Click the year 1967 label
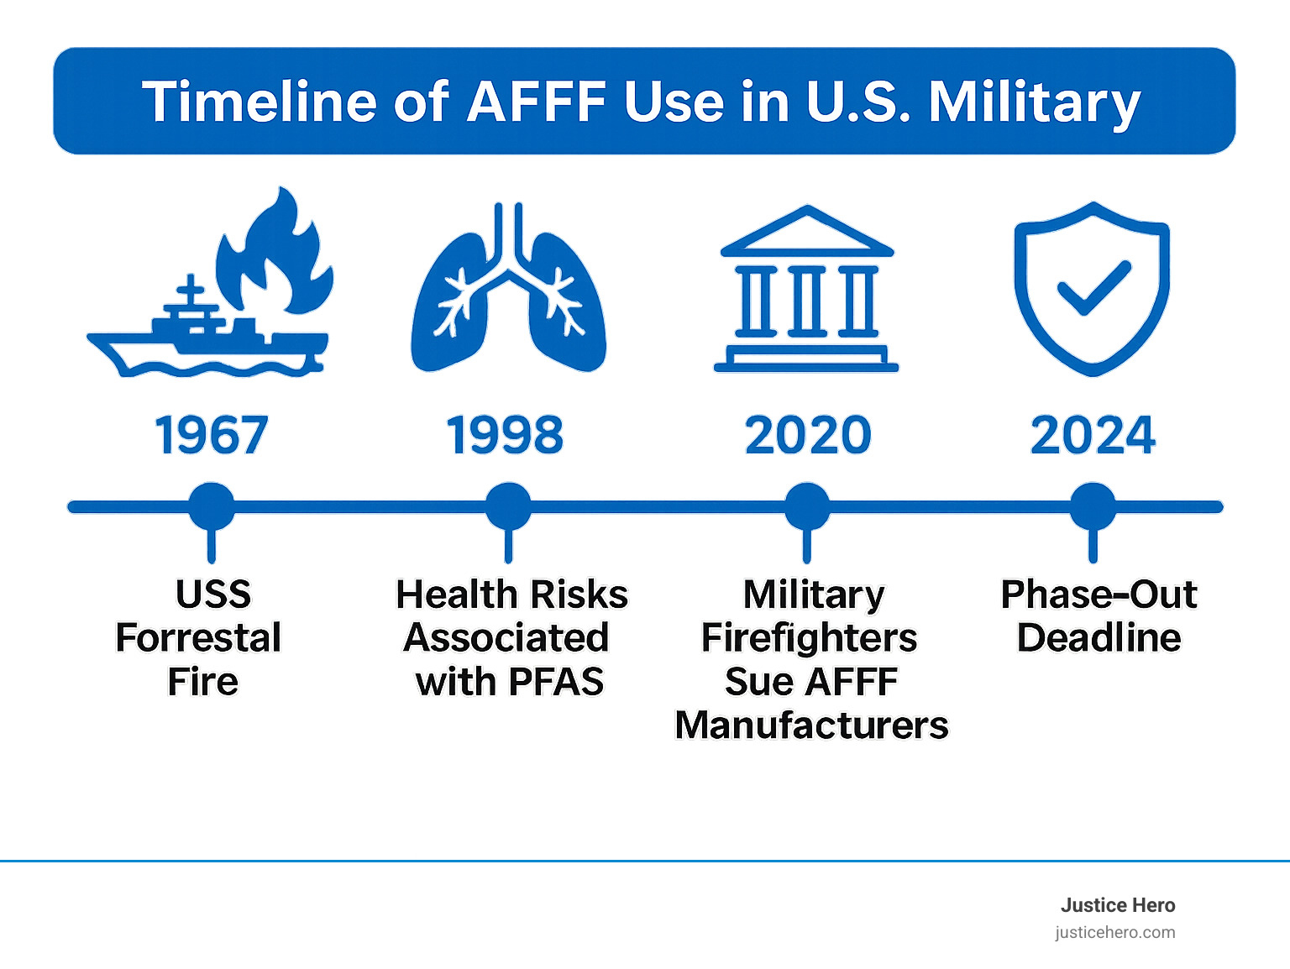(212, 436)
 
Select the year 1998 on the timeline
(506, 436)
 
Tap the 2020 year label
(808, 436)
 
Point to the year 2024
(1093, 436)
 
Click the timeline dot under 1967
(212, 506)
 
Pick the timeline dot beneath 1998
(508, 506)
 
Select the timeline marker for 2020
(807, 506)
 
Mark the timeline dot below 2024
(1093, 506)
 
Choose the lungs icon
(508, 294)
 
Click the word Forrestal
(198, 638)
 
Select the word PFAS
(556, 682)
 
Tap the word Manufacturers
(811, 725)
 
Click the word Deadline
(1099, 638)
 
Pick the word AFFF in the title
(537, 102)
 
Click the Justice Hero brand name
(1117, 905)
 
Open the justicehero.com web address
(1114, 932)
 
